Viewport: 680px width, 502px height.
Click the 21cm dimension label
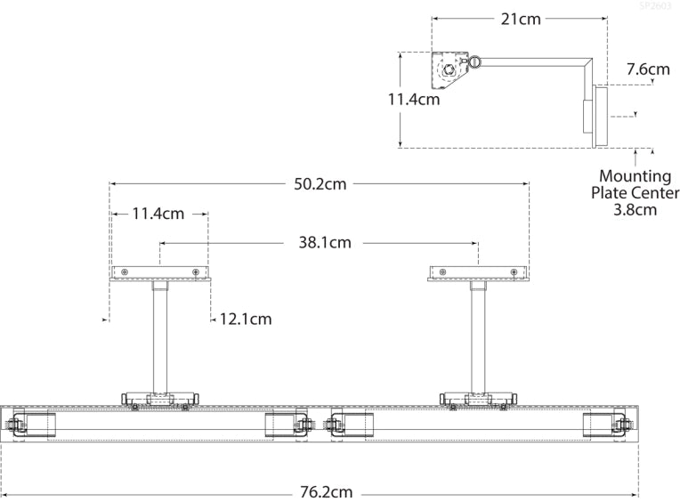pyautogui.click(x=520, y=17)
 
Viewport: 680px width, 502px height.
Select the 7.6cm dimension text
pyautogui.click(x=647, y=69)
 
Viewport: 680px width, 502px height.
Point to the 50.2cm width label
pyautogui.click(x=320, y=184)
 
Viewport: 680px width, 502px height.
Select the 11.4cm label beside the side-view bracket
pyautogui.click(x=413, y=100)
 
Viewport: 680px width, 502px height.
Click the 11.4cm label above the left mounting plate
pyautogui.click(x=158, y=214)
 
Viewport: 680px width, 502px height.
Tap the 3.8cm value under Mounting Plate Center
pyautogui.click(x=635, y=210)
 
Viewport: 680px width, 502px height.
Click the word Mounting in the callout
pyautogui.click(x=635, y=176)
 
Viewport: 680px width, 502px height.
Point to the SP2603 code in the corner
pyautogui.click(x=657, y=6)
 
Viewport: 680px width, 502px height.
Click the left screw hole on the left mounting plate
pyautogui.click(x=125, y=271)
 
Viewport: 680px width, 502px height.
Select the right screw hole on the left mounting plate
pyautogui.click(x=196, y=271)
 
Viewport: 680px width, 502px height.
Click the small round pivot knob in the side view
pyautogui.click(x=475, y=62)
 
